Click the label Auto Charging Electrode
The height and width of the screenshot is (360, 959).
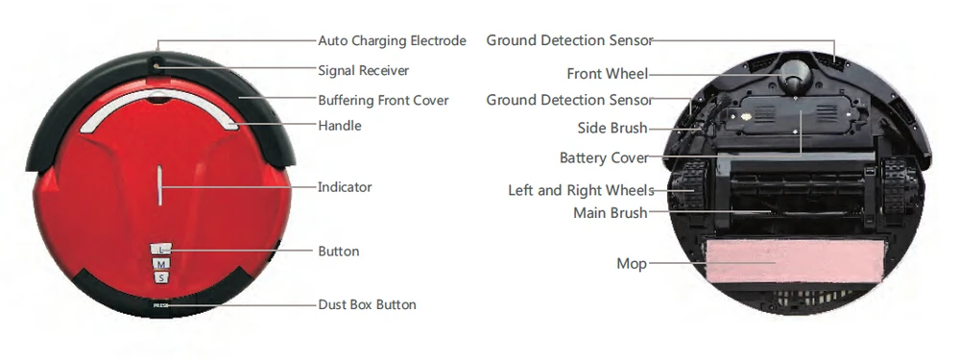(392, 41)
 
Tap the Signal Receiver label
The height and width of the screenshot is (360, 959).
(363, 70)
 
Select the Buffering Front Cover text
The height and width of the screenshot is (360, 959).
(383, 100)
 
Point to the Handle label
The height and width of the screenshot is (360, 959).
(339, 126)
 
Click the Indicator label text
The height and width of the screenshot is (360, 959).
(345, 187)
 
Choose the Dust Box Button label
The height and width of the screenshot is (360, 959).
(367, 305)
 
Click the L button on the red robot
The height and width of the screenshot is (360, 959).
(161, 250)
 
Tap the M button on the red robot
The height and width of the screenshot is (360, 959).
(161, 264)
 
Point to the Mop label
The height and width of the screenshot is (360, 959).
(632, 263)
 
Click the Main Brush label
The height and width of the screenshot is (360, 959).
(610, 213)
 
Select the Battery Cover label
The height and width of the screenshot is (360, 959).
(604, 158)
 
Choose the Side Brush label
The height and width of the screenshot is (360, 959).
(612, 129)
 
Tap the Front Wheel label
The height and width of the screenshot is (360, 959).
(607, 74)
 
